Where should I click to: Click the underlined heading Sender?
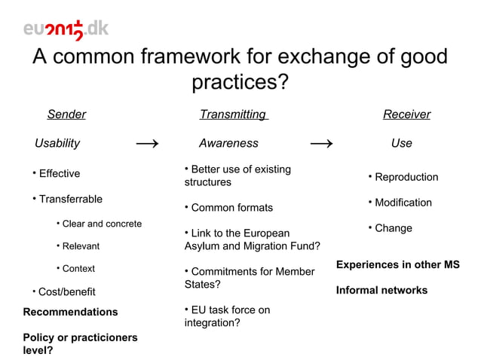pos(66,114)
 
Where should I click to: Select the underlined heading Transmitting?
pos(233,114)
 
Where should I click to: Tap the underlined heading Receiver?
pos(406,114)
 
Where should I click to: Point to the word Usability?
pos(57,143)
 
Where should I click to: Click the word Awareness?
pos(228,143)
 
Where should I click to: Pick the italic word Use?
pos(401,143)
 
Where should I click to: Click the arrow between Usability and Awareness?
pos(146,143)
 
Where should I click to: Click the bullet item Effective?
pos(59,174)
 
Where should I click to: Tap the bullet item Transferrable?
pos(70,200)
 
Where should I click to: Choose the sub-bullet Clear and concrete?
pos(101,224)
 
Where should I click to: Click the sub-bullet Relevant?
pos(80,246)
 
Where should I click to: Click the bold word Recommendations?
pos(71,312)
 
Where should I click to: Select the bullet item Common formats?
pos(231,208)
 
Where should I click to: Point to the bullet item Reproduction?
pos(406,178)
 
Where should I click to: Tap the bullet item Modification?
pos(403,203)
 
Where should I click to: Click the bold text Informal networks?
pos(381,290)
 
